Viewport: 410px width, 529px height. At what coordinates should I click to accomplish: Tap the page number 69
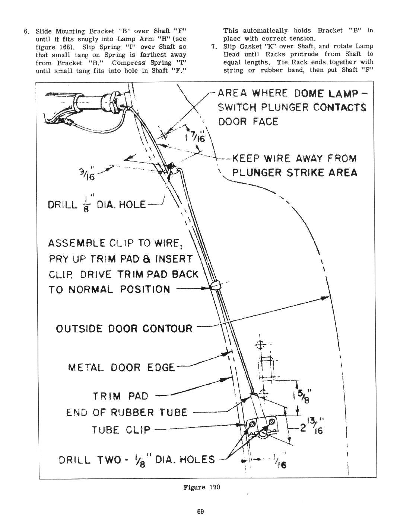click(200, 512)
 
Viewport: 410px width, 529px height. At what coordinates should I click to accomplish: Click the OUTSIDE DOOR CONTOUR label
click(124, 329)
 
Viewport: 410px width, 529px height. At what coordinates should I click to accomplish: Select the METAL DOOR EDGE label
click(121, 368)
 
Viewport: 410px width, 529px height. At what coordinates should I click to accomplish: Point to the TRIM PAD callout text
click(120, 396)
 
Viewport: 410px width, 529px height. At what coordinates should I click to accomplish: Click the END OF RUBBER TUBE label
click(127, 413)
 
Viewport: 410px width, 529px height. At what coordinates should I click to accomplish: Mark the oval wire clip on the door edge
click(215, 285)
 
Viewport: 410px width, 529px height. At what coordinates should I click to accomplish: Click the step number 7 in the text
click(213, 47)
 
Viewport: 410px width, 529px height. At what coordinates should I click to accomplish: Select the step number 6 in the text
click(26, 31)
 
